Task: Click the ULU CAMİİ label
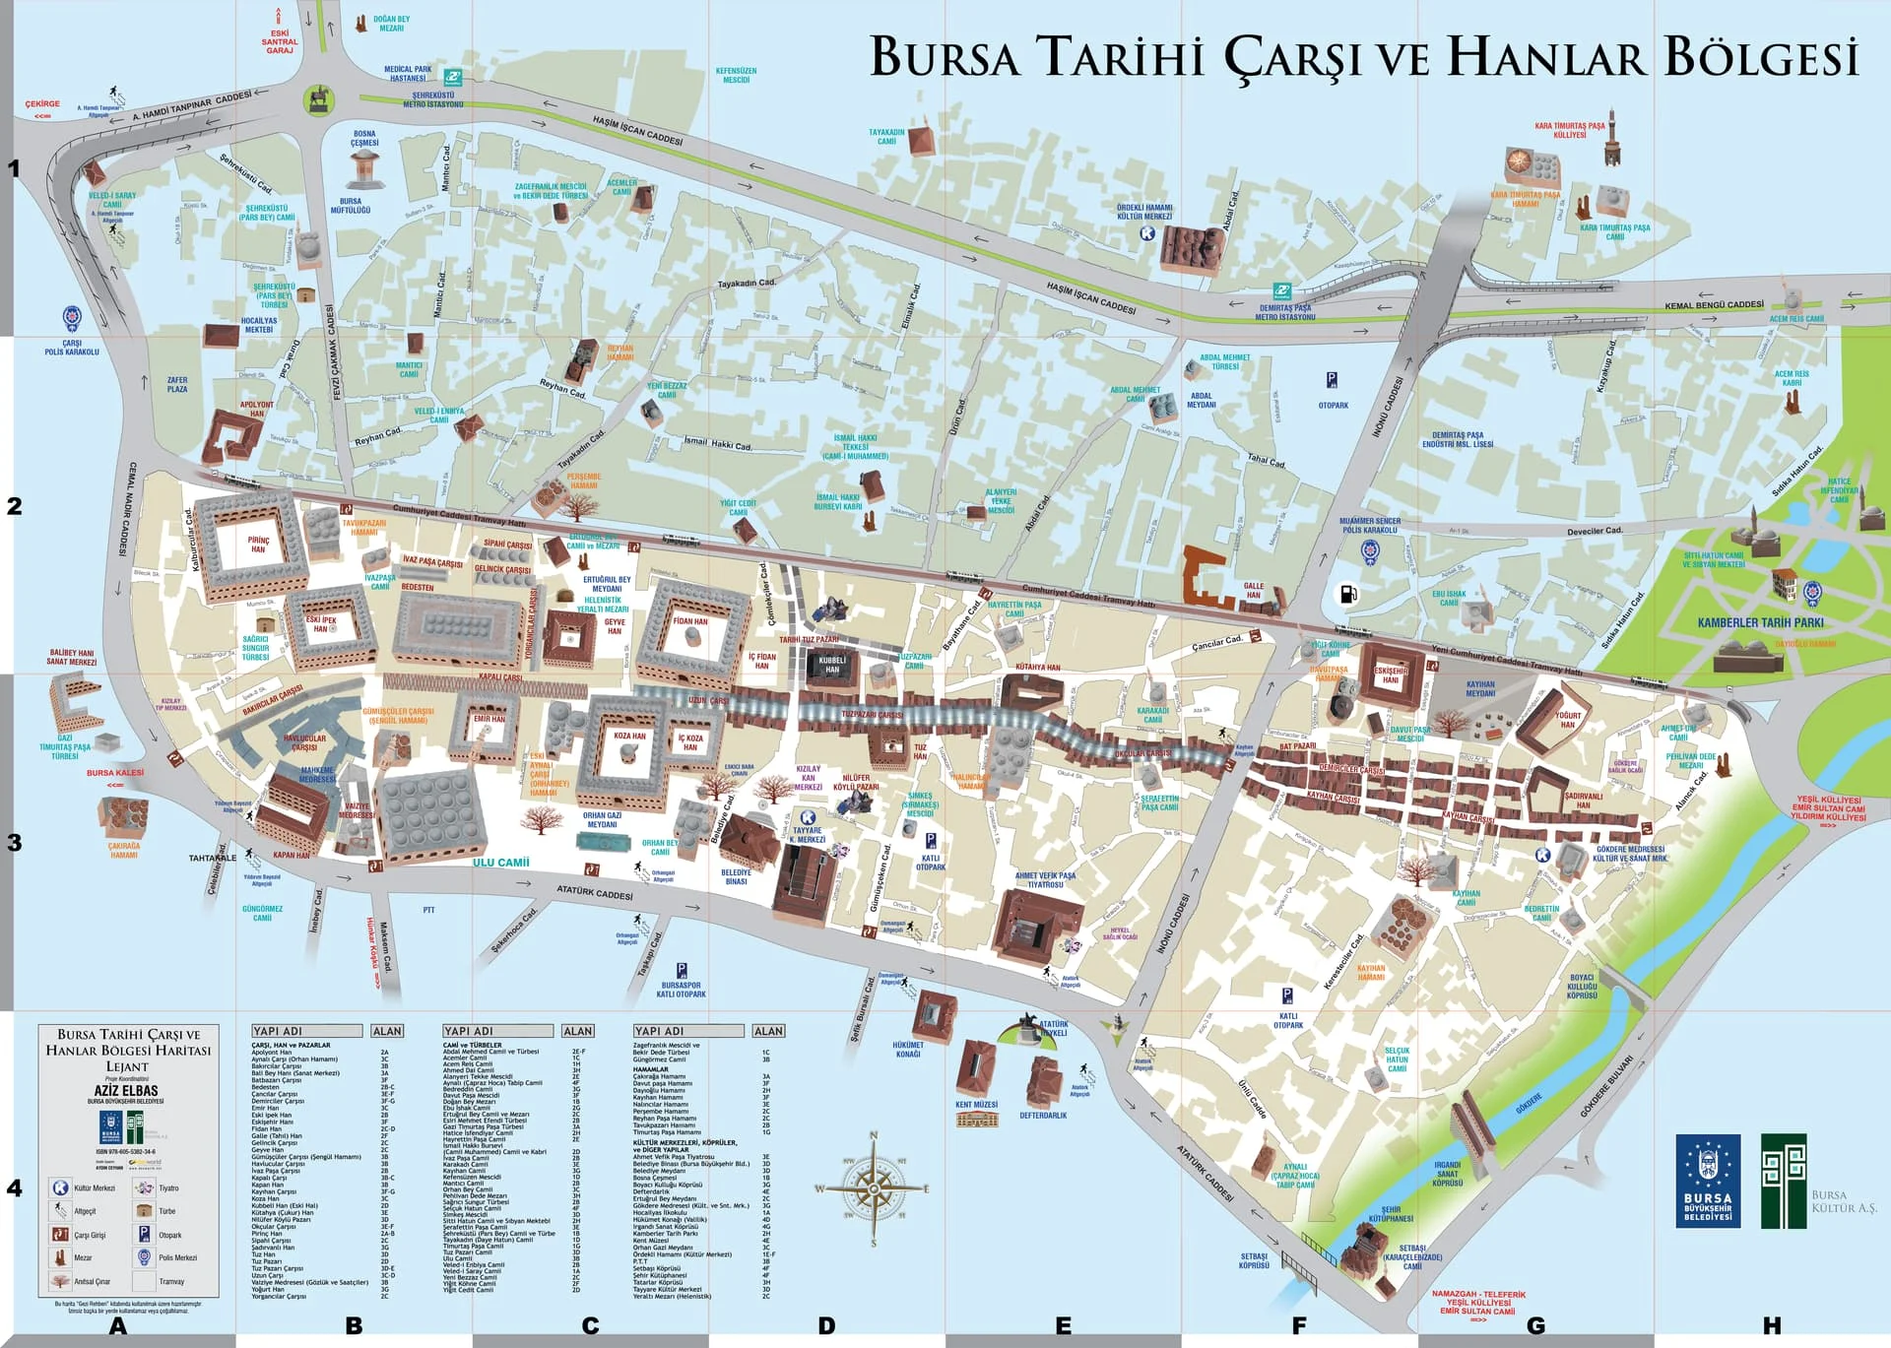pyautogui.click(x=500, y=863)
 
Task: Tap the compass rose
pyautogui.click(x=873, y=1188)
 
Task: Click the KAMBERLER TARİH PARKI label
pyautogui.click(x=1760, y=622)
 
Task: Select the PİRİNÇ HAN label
pyautogui.click(x=258, y=545)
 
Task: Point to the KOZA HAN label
pyautogui.click(x=629, y=736)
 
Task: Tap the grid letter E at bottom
pyautogui.click(x=1063, y=1326)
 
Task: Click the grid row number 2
pyautogui.click(x=14, y=506)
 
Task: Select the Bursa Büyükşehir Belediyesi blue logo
pyautogui.click(x=1708, y=1181)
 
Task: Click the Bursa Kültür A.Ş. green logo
pyautogui.click(x=1784, y=1181)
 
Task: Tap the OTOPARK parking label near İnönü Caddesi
pyautogui.click(x=1333, y=405)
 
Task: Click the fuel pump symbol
pyautogui.click(x=1346, y=595)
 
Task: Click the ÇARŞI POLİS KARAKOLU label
pyautogui.click(x=71, y=348)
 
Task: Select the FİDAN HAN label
pyautogui.click(x=689, y=621)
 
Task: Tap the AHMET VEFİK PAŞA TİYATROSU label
pyautogui.click(x=1045, y=879)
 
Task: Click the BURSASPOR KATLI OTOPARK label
pyautogui.click(x=682, y=990)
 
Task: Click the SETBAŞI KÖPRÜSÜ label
pyautogui.click(x=1254, y=1260)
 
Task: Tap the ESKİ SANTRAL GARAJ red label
pyautogui.click(x=280, y=41)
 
